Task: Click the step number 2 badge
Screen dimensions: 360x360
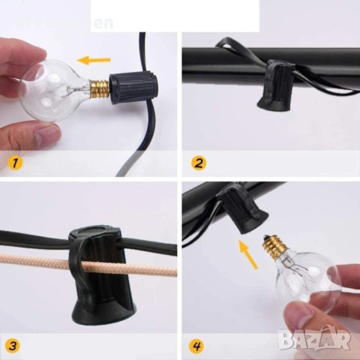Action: pos(199,162)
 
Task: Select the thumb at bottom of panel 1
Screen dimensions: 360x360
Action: pos(45,135)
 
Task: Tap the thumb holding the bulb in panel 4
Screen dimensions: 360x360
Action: pos(304,315)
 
